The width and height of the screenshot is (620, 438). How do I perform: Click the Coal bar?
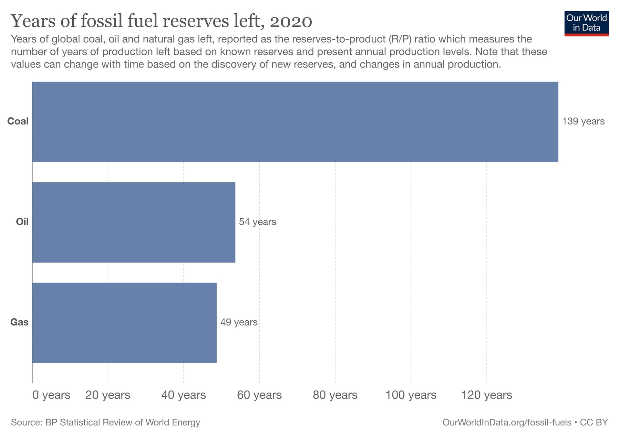(295, 122)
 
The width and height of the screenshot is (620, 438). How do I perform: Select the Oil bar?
(134, 222)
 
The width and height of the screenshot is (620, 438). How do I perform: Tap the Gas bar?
(124, 323)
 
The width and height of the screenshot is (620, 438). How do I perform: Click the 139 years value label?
(583, 121)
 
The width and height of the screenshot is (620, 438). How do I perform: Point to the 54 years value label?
(257, 222)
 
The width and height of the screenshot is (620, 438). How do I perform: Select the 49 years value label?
(239, 322)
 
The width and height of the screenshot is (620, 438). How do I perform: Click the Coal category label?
(18, 121)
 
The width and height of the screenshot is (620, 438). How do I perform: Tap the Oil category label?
(22, 222)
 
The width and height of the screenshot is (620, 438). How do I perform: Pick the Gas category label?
(19, 322)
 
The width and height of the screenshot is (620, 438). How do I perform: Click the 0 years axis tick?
(51, 395)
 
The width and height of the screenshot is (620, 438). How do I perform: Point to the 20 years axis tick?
(108, 395)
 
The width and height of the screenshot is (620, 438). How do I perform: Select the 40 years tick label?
(183, 395)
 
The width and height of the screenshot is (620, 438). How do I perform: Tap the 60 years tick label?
(259, 395)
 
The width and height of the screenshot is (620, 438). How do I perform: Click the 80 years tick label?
(335, 395)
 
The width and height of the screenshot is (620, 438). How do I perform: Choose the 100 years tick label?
(411, 395)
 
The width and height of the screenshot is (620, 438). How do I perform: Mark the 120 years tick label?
(487, 395)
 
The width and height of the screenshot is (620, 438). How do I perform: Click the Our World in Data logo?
(586, 23)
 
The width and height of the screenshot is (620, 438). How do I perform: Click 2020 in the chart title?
(291, 21)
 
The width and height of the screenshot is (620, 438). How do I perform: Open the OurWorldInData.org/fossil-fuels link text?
(507, 422)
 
